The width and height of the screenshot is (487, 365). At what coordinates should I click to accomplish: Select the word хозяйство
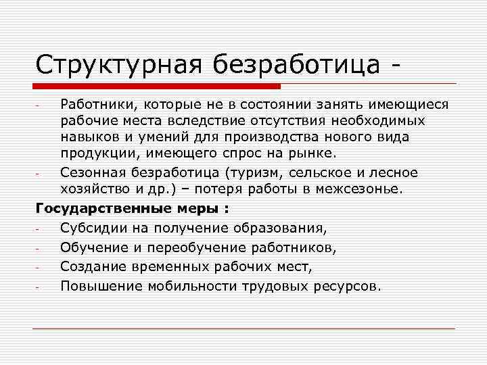click(x=94, y=189)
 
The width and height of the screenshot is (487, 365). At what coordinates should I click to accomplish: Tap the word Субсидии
click(x=91, y=225)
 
